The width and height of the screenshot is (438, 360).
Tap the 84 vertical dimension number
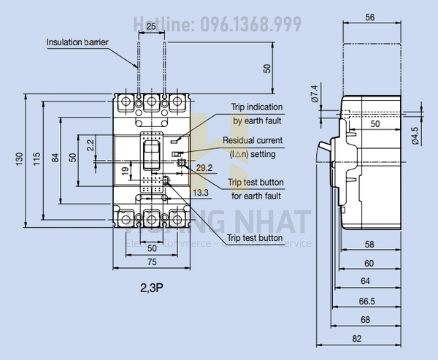coord(55,158)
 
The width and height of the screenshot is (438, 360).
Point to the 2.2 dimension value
coord(91,146)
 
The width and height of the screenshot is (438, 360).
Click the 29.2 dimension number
coord(205,168)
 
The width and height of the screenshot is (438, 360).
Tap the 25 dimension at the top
coord(150,27)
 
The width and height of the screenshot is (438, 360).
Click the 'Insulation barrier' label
coord(77,42)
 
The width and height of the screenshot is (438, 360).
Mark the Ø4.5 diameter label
coord(414,136)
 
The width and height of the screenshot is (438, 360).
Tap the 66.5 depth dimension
coord(367,300)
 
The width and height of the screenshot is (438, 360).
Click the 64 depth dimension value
coord(367,281)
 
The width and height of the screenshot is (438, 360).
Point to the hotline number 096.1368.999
coord(247,25)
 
